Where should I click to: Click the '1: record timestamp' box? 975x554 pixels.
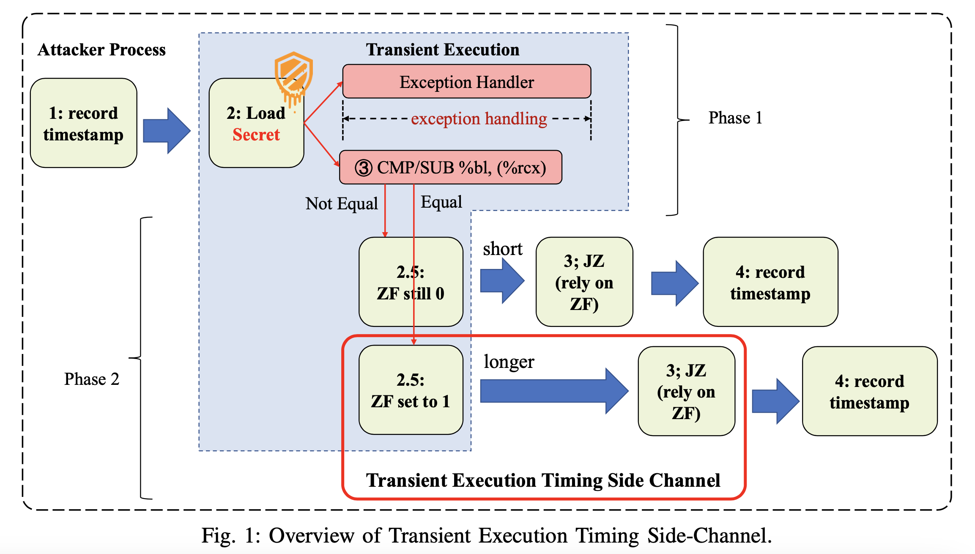(83, 123)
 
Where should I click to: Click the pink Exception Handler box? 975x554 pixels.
(466, 82)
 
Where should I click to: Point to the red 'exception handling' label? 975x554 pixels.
(479, 119)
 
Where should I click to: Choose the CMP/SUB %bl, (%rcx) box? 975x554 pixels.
(451, 167)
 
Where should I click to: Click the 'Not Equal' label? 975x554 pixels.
(341, 203)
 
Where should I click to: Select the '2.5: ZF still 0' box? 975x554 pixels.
(411, 282)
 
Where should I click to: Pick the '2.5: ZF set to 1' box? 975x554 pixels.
(411, 390)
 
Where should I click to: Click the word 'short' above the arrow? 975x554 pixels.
(502, 249)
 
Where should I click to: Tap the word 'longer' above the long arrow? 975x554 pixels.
(509, 362)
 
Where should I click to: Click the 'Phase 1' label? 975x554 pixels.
(735, 118)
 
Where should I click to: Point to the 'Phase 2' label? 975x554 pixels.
(91, 379)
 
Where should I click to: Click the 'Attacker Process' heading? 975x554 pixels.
(101, 50)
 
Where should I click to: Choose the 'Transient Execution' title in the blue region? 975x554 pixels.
(442, 50)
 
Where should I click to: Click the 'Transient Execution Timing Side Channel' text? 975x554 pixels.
(543, 480)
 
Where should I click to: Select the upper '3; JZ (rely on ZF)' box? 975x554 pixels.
(584, 282)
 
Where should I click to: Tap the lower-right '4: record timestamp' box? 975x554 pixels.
(869, 392)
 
